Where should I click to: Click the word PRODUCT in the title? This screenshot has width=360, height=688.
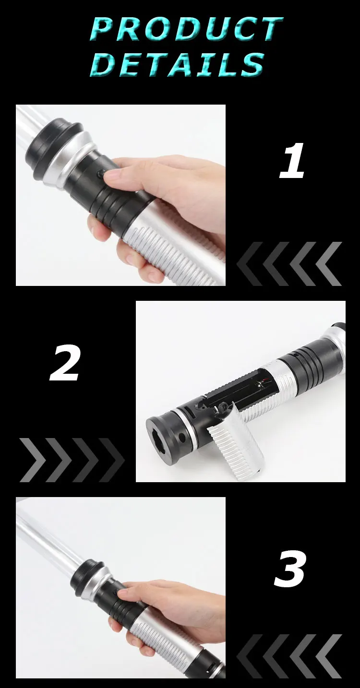click(x=186, y=29)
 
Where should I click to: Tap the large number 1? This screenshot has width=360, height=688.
click(x=292, y=161)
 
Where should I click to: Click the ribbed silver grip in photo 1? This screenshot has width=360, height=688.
click(x=172, y=252)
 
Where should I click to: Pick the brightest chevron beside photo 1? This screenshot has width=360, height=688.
click(x=329, y=264)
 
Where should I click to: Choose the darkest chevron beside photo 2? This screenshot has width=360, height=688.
click(x=112, y=460)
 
